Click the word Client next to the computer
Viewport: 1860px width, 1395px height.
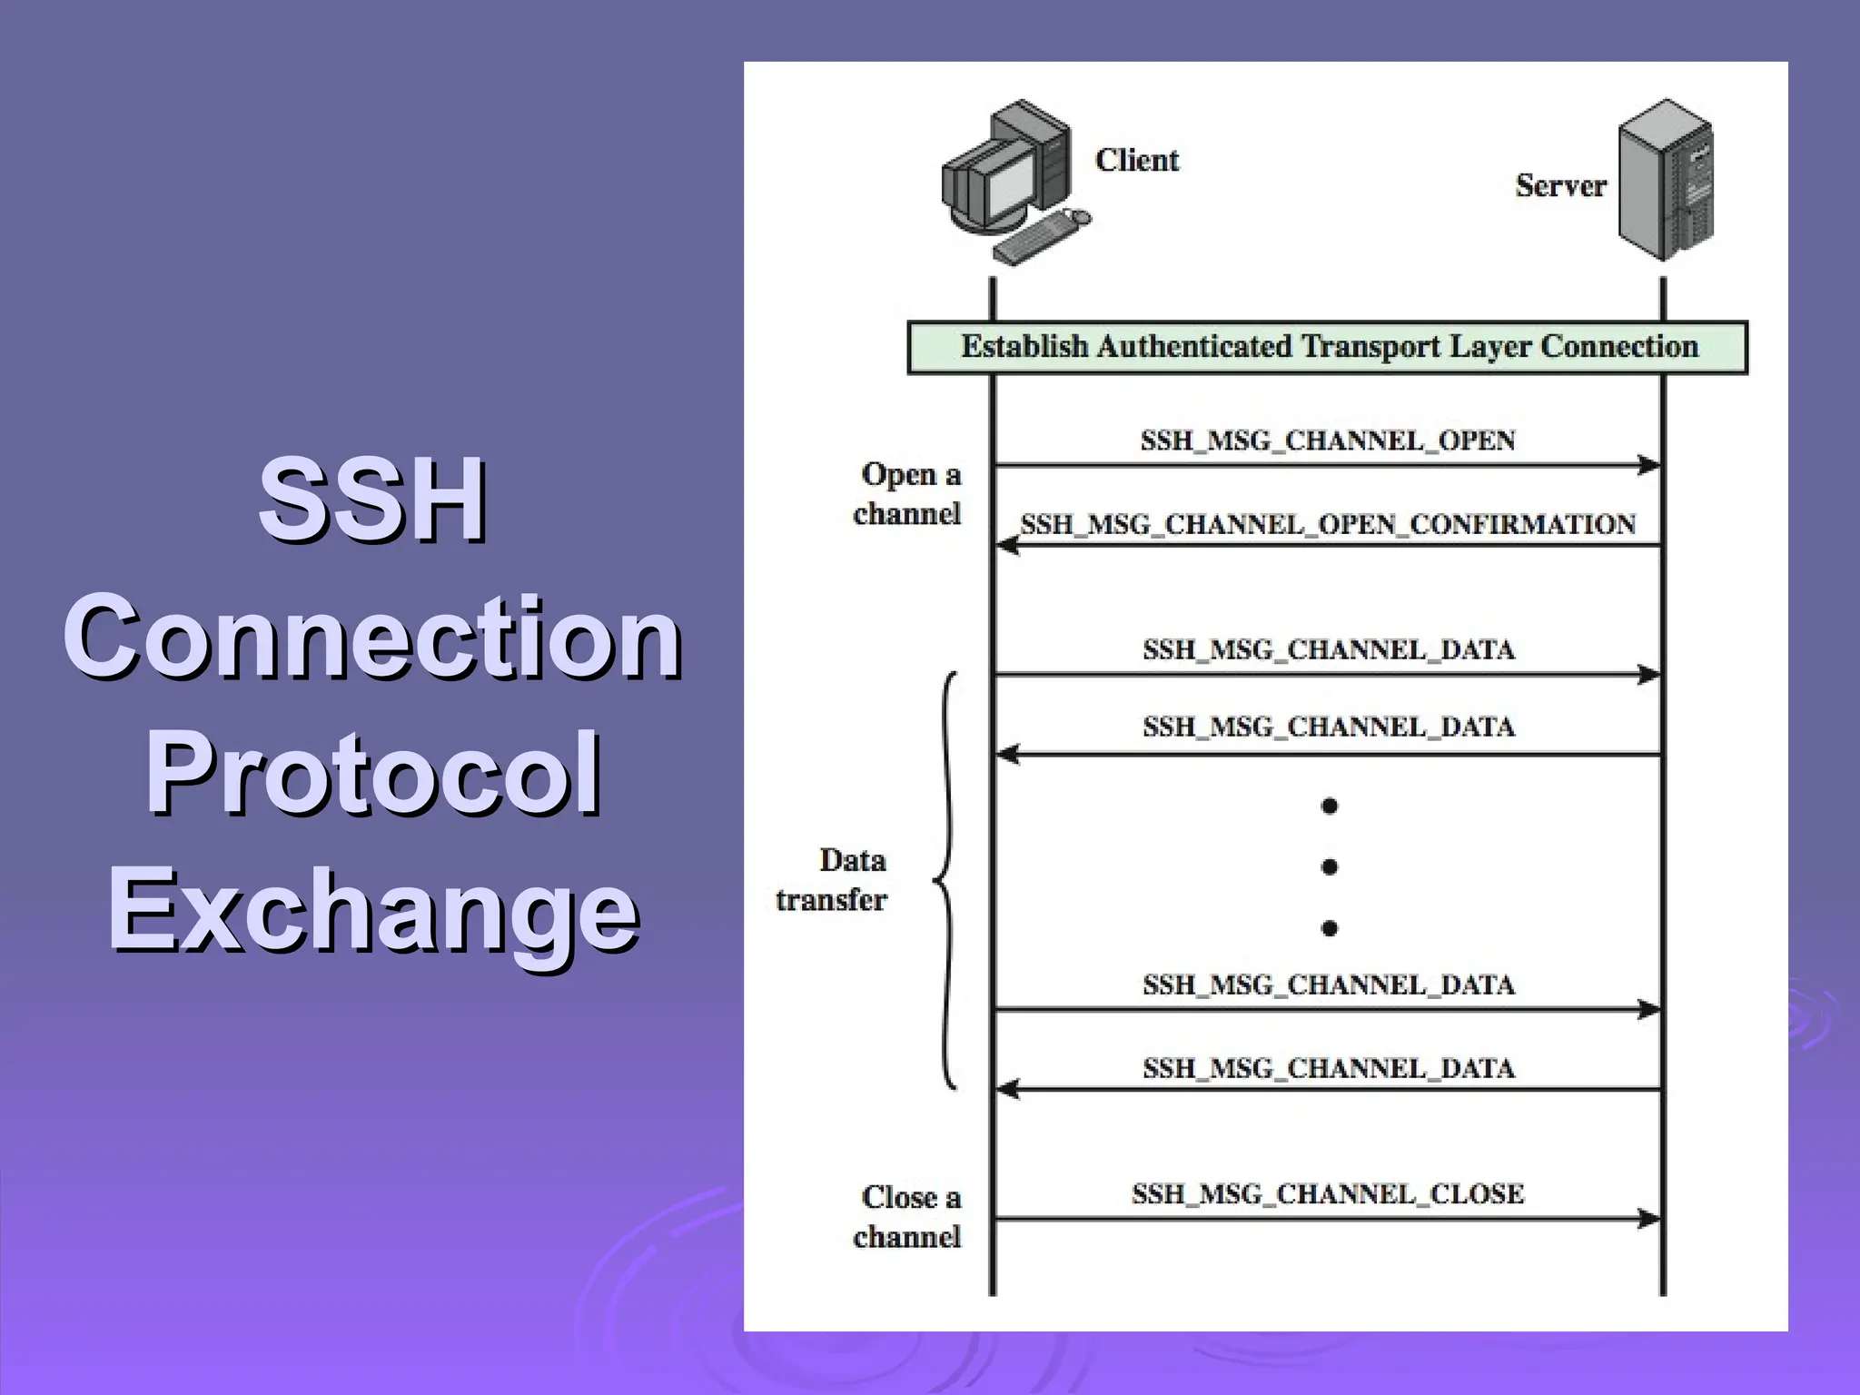(x=1136, y=160)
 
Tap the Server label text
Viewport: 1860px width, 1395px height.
(x=1559, y=185)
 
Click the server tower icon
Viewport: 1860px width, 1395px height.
(x=1666, y=180)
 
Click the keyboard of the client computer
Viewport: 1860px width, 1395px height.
(x=1035, y=238)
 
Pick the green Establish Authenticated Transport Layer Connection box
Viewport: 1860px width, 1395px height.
(x=1327, y=347)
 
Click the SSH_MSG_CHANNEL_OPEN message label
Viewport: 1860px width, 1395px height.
(x=1327, y=440)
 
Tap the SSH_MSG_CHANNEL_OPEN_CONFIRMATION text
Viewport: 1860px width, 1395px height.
(x=1327, y=524)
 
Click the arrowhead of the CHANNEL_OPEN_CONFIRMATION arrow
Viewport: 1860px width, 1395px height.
(x=1007, y=546)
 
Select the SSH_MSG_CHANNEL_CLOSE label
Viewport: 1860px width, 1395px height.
(x=1327, y=1193)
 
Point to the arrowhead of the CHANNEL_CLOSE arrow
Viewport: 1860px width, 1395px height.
(x=1649, y=1219)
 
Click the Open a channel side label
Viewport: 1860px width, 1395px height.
(x=907, y=494)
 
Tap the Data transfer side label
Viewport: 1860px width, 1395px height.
(x=832, y=879)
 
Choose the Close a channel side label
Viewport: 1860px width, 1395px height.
(x=907, y=1217)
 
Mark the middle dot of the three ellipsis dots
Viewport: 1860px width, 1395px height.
(x=1329, y=866)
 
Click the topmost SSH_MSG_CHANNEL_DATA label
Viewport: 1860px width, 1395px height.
(x=1327, y=650)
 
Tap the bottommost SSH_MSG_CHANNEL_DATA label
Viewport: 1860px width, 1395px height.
(x=1327, y=1068)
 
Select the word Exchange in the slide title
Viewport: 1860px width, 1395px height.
(x=372, y=908)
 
